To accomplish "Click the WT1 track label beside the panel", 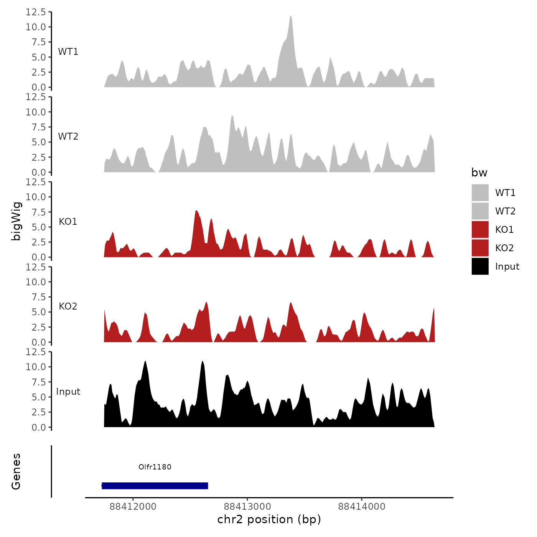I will (x=68, y=52).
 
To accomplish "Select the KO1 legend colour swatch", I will (x=480, y=229).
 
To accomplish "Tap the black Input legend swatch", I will (x=480, y=266).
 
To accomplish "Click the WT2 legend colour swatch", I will (x=480, y=211).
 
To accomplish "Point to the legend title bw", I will (x=479, y=173).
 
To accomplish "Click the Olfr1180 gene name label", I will (x=155, y=467).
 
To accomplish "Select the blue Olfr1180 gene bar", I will (x=155, y=486).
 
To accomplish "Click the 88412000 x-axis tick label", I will (x=133, y=506).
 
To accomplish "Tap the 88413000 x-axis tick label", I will (x=247, y=506).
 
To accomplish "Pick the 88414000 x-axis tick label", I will (x=362, y=506).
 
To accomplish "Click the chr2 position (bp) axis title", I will (x=269, y=519).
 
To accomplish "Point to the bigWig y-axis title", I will (x=16, y=221).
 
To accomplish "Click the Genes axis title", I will (x=16, y=471).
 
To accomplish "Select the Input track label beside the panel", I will (x=68, y=392).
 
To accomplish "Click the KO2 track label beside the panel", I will (x=68, y=306).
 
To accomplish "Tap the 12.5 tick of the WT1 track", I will (x=36, y=12).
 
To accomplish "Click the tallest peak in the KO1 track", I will (x=196, y=211).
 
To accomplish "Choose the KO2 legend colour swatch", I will (x=480, y=248).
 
